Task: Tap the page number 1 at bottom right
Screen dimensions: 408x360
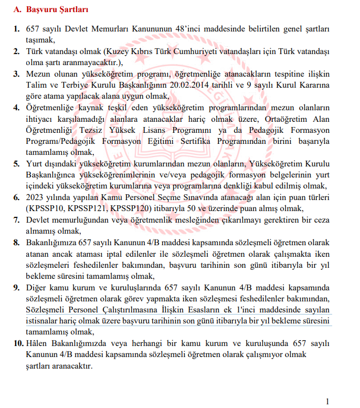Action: tap(328, 402)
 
